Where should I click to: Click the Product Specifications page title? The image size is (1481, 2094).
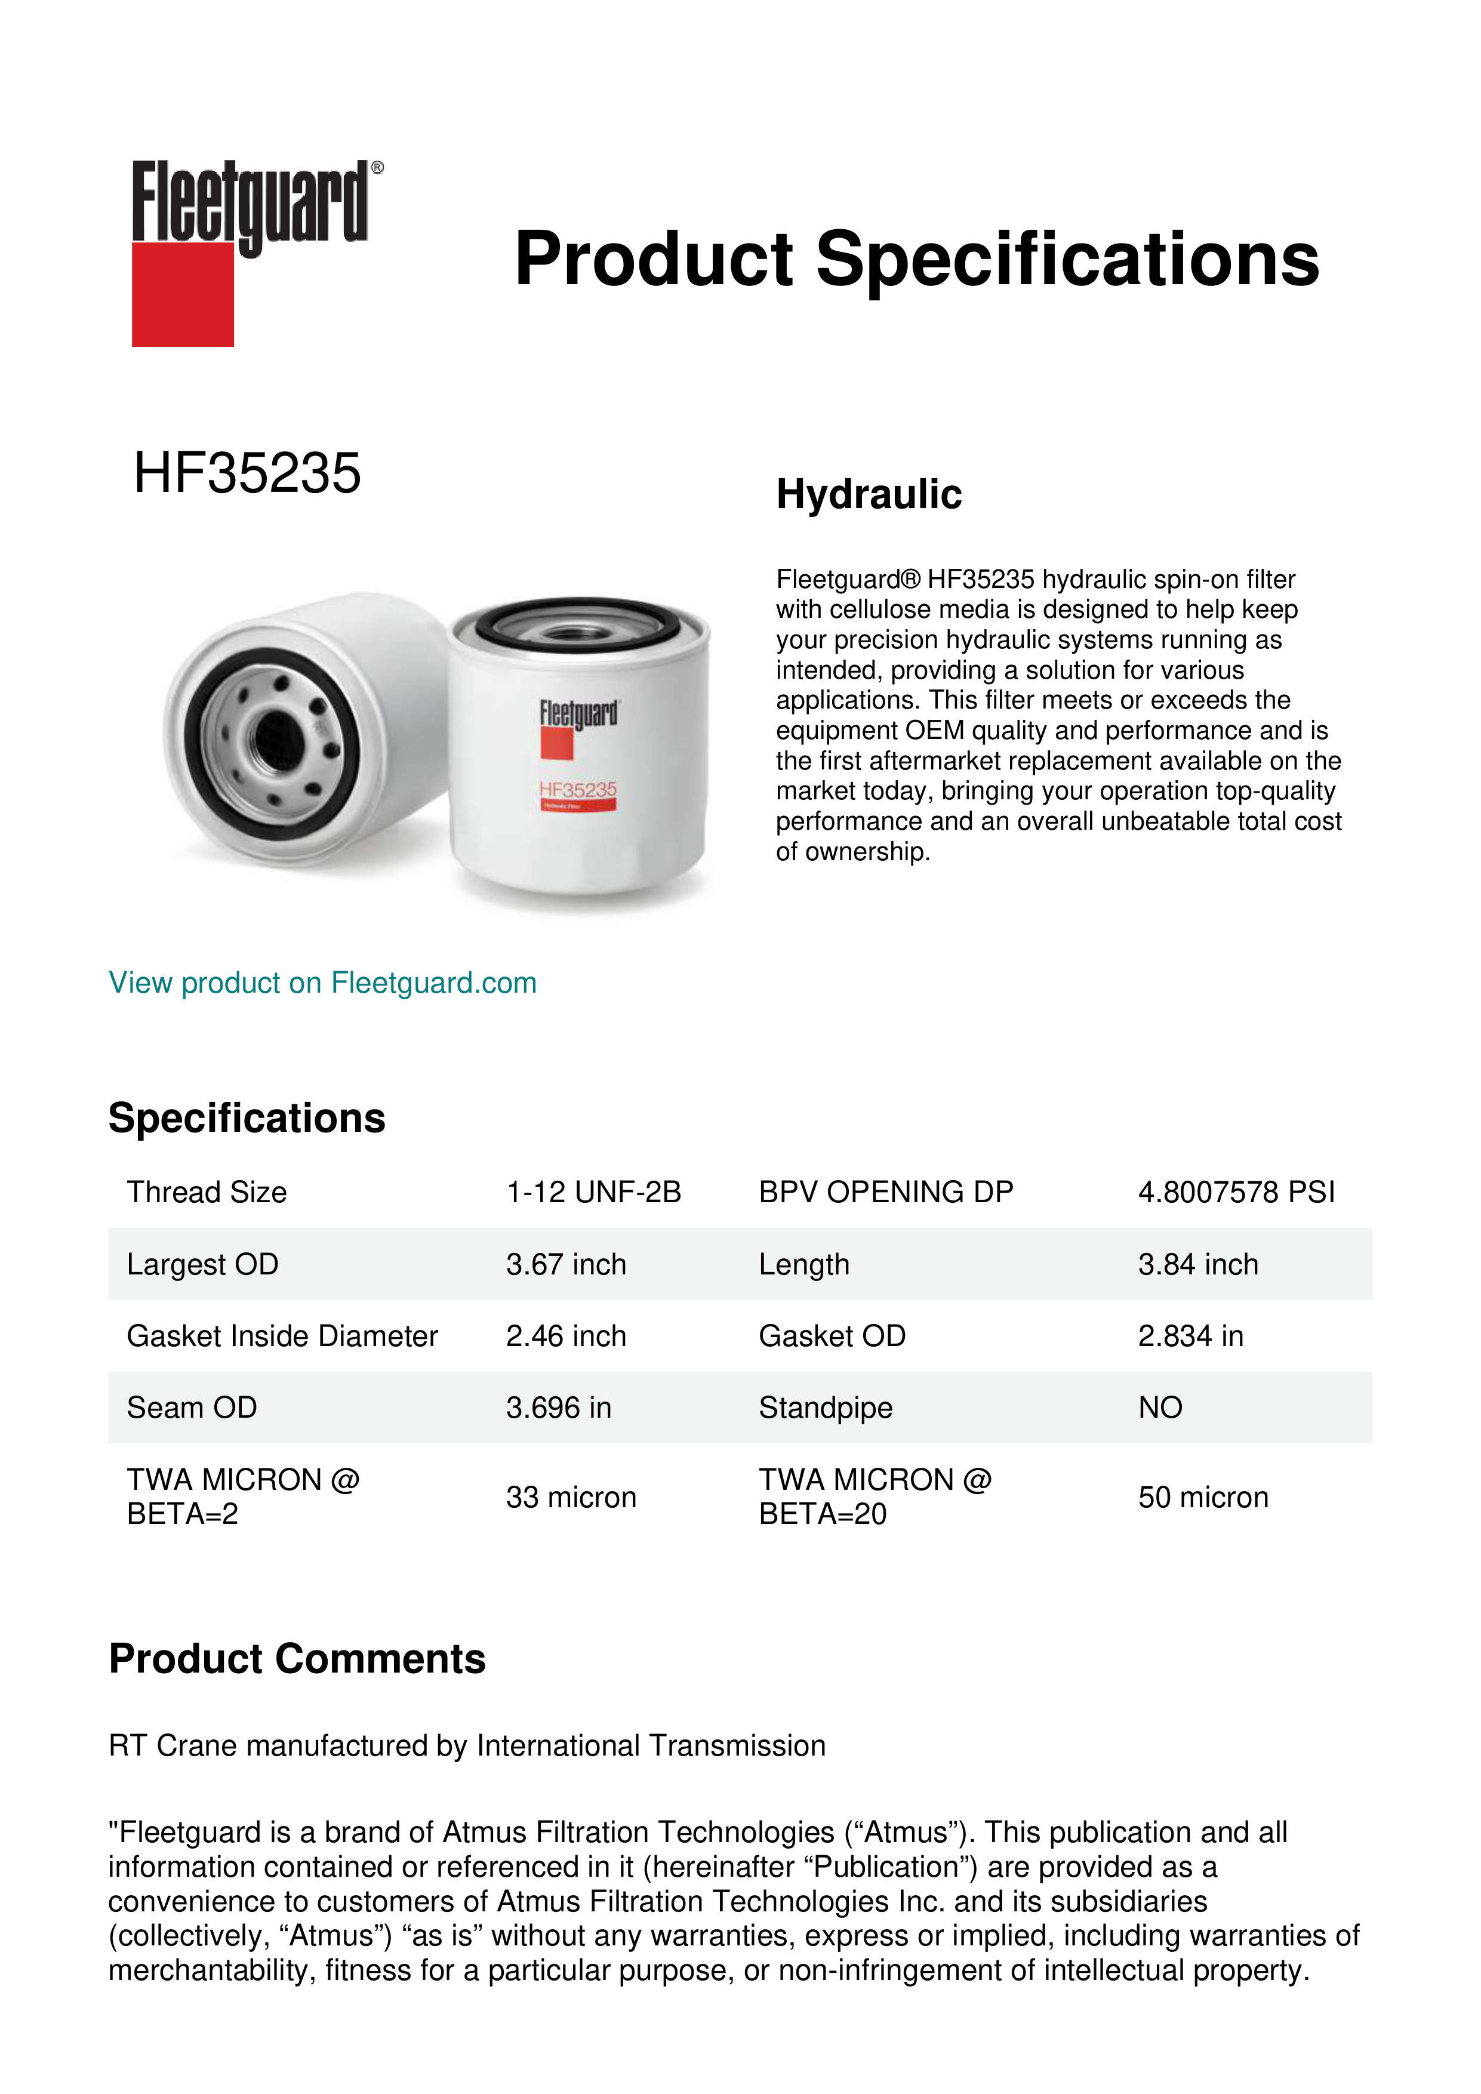click(916, 259)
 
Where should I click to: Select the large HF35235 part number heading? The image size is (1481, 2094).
click(247, 473)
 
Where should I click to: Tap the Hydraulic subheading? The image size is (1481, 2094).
click(868, 494)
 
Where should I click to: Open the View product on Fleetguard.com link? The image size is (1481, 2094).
click(322, 983)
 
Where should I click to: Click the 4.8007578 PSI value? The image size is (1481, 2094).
click(1236, 1192)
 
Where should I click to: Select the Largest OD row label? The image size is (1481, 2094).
click(202, 1264)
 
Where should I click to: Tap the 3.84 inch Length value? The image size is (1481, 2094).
click(1197, 1264)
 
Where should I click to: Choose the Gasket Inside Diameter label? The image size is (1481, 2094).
click(282, 1336)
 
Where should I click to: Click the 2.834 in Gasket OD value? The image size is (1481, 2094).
click(1190, 1336)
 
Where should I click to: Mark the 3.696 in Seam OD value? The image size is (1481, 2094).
click(558, 1408)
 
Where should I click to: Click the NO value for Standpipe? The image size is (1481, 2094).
click(1160, 1408)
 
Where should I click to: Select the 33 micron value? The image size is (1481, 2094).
click(571, 1498)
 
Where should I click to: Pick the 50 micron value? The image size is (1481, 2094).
click(1203, 1498)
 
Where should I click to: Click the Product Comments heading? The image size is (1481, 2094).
click(297, 1659)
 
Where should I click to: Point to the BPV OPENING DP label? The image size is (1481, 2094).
click(885, 1192)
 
